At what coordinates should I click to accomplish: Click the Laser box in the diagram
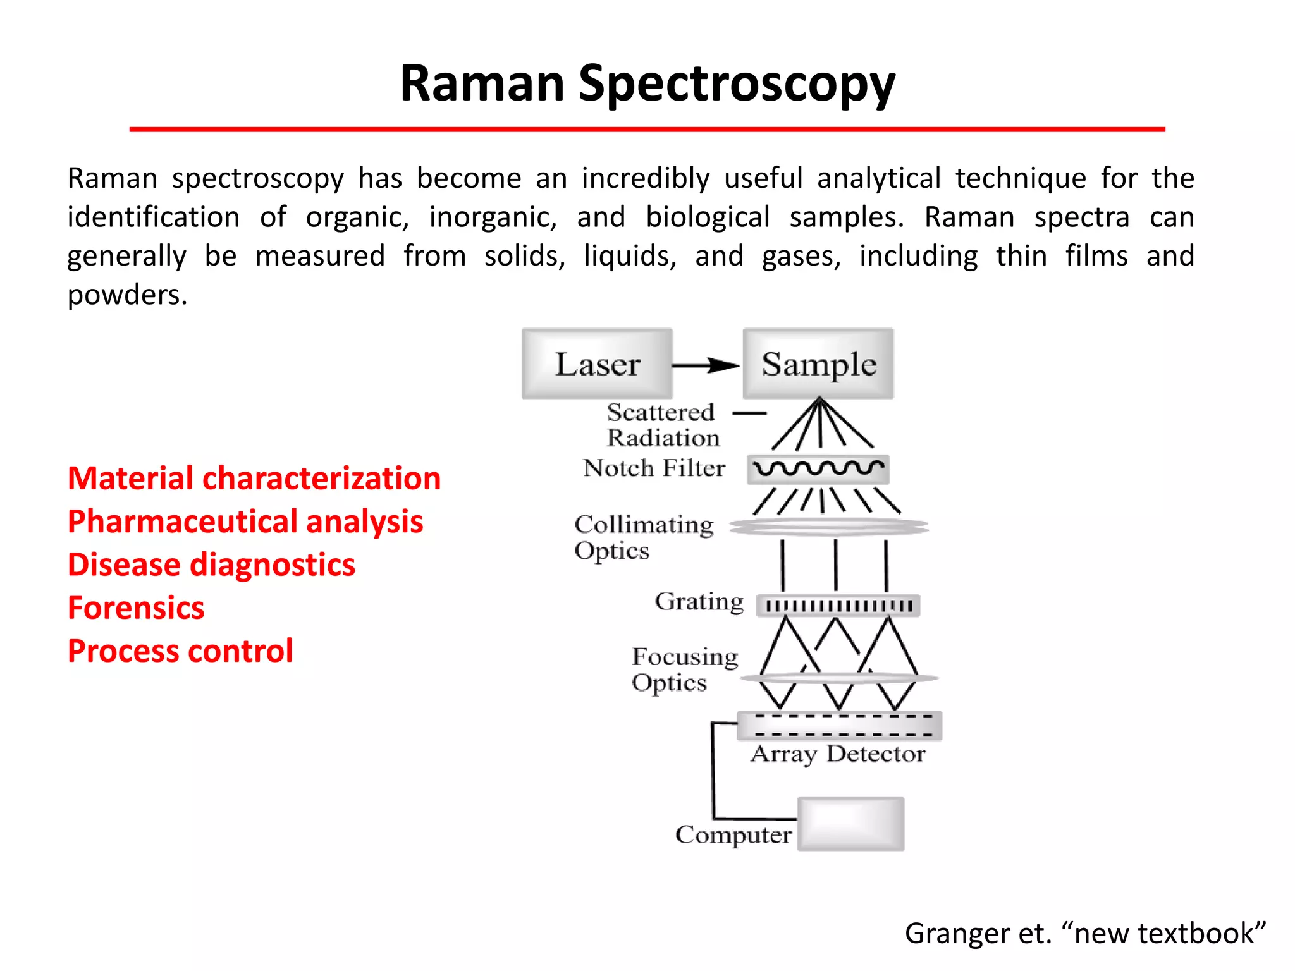pyautogui.click(x=597, y=363)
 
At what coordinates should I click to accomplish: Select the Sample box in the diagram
pyautogui.click(x=818, y=363)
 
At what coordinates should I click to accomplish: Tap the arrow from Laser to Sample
pyautogui.click(x=706, y=365)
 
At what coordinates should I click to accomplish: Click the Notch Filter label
pyautogui.click(x=654, y=468)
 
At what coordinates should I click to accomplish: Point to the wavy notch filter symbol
pyautogui.click(x=818, y=469)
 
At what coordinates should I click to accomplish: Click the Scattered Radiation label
pyautogui.click(x=662, y=425)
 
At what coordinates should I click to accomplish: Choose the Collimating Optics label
pyautogui.click(x=644, y=537)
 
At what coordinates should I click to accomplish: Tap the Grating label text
pyautogui.click(x=699, y=601)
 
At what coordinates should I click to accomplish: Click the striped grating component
pyautogui.click(x=838, y=606)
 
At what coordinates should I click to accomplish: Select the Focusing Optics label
pyautogui.click(x=685, y=669)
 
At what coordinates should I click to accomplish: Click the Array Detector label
pyautogui.click(x=838, y=754)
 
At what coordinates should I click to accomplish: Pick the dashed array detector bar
pyautogui.click(x=840, y=726)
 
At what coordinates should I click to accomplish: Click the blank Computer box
pyautogui.click(x=850, y=824)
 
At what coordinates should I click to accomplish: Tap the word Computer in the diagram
pyautogui.click(x=733, y=835)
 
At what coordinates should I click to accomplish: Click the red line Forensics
pyautogui.click(x=136, y=608)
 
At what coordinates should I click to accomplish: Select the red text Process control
pyautogui.click(x=180, y=651)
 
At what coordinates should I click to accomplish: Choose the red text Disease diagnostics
pyautogui.click(x=211, y=565)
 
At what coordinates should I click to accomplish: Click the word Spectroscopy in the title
pyautogui.click(x=737, y=84)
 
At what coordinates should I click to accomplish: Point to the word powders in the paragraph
pyautogui.click(x=127, y=295)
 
